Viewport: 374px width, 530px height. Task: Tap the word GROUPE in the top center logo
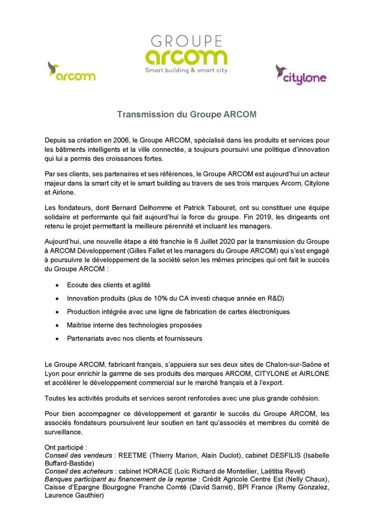(187, 41)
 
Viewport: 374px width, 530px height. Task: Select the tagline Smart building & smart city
(187, 71)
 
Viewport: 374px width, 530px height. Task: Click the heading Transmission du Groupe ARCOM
(187, 115)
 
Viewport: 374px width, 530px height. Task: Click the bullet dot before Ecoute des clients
(58, 285)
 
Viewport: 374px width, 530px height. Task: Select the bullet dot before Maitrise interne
(58, 325)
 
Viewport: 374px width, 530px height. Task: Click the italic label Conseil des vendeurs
(78, 455)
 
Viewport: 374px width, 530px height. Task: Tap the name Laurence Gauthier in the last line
(74, 495)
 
